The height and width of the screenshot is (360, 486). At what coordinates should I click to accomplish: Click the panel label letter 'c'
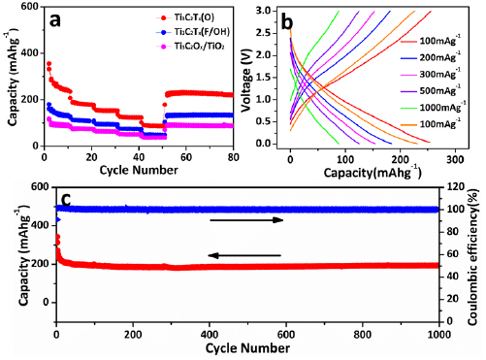coord(65,201)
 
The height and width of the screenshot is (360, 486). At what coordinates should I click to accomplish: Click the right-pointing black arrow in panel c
coord(248,220)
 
